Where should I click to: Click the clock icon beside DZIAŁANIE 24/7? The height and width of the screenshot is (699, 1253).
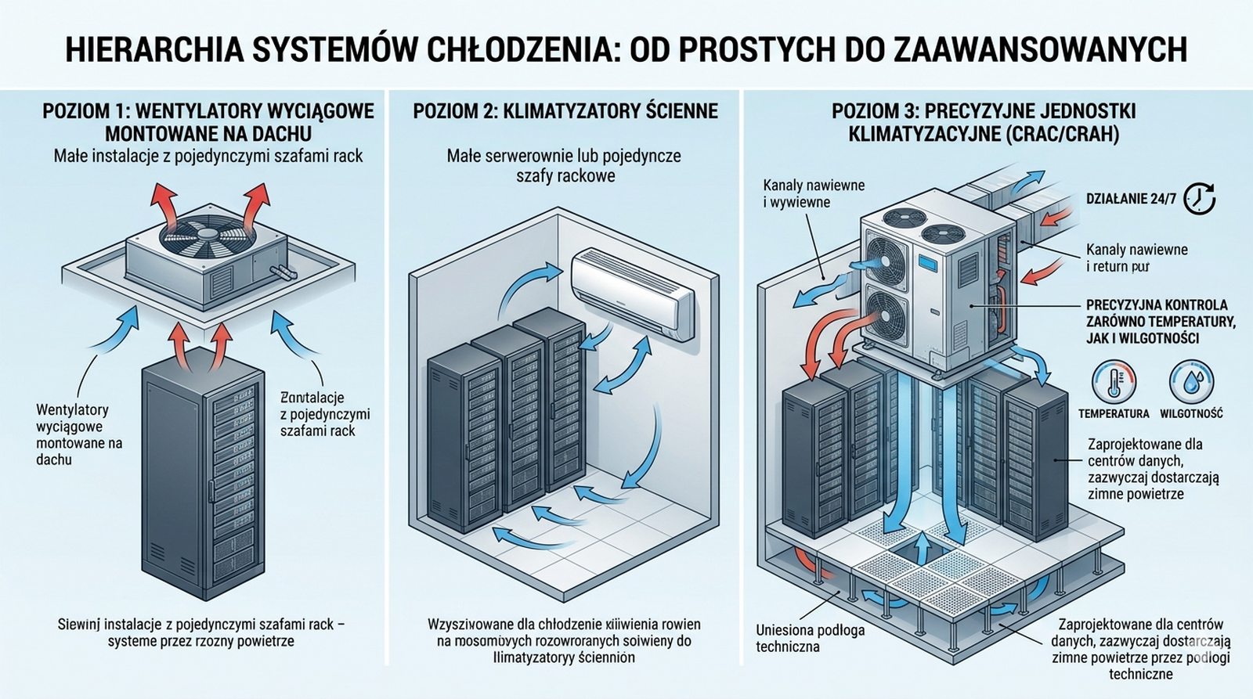pos(1199,199)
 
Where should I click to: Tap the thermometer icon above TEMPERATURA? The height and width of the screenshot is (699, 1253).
pos(1114,382)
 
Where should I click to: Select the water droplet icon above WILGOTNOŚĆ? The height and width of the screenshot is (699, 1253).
pos(1190,382)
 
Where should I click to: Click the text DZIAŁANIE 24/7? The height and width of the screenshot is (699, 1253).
pos(1131,199)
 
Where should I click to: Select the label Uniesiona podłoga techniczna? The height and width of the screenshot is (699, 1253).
pos(810,638)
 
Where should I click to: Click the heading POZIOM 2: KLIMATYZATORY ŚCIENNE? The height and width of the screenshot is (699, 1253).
pos(565,110)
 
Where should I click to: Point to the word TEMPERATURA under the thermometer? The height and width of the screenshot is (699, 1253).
pos(1114,413)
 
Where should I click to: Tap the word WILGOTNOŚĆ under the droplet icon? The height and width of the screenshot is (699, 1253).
pos(1191,413)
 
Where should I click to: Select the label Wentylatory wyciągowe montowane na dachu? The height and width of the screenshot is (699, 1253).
pos(78,434)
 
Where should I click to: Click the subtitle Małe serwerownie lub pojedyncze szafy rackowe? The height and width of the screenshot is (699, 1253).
pos(564,166)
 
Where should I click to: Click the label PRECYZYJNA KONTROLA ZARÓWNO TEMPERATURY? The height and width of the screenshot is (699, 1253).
pos(1160,321)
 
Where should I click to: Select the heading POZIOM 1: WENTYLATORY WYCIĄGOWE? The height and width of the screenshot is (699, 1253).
pos(208,121)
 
